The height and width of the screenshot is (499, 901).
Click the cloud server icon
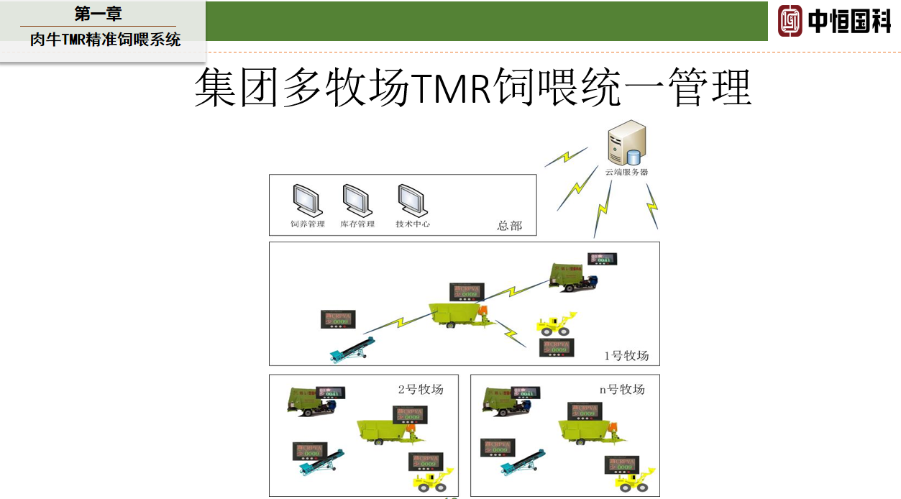(x=626, y=145)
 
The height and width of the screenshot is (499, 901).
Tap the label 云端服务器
(x=626, y=173)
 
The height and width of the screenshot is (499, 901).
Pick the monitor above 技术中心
(x=412, y=201)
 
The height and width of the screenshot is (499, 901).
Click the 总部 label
(x=509, y=226)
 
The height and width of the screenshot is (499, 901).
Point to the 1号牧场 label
(x=626, y=356)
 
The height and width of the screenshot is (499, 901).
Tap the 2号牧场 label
(x=421, y=390)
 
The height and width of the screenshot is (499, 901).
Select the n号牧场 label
(x=622, y=390)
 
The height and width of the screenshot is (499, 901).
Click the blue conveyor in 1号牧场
(x=352, y=349)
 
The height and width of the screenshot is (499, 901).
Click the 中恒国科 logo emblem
(x=790, y=21)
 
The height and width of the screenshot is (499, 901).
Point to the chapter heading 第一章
(x=99, y=13)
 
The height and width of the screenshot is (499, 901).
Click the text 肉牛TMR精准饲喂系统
(x=106, y=40)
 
